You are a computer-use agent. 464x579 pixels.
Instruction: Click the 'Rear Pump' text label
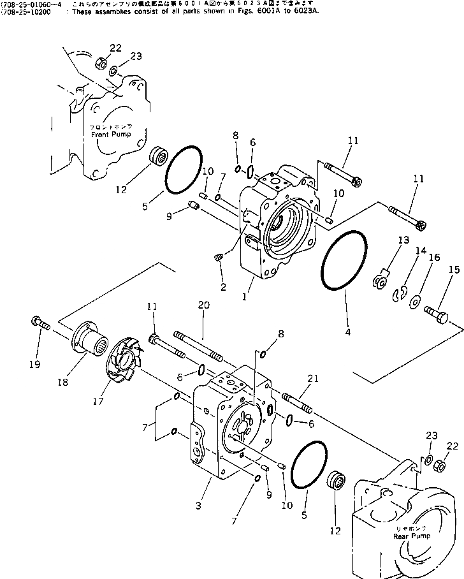411,536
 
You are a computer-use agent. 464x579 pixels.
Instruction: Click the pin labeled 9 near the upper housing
195,205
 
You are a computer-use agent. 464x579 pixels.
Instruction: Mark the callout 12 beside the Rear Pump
336,531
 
